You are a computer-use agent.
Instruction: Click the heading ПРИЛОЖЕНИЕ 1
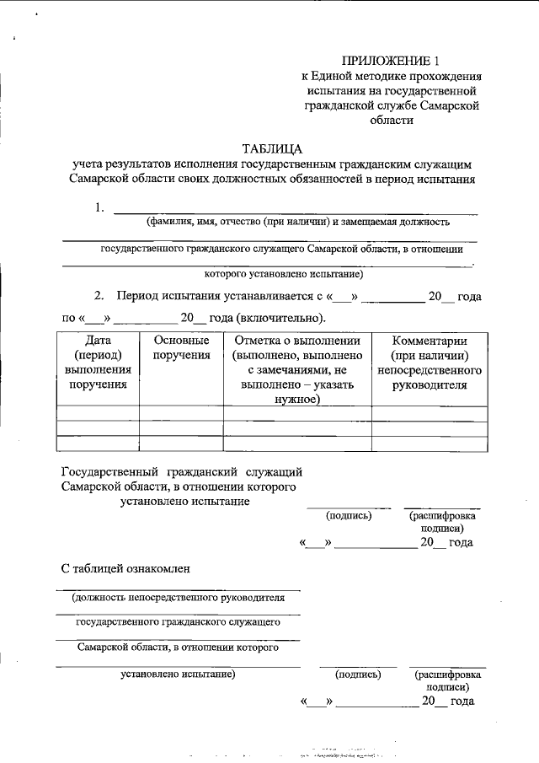tap(391, 61)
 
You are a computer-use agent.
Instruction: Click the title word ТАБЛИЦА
tap(272, 148)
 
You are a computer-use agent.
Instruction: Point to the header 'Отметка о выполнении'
tap(297, 341)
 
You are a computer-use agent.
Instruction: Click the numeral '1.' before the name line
tap(99, 207)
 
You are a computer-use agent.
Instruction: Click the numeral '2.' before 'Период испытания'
tap(99, 297)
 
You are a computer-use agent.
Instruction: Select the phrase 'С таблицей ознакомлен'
tap(125, 568)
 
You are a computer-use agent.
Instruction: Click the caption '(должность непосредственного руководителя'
tap(178, 598)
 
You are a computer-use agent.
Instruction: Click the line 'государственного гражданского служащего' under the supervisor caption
tap(178, 623)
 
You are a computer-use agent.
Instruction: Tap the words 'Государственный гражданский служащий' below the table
tap(181, 471)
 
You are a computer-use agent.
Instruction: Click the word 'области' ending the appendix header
tap(391, 120)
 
